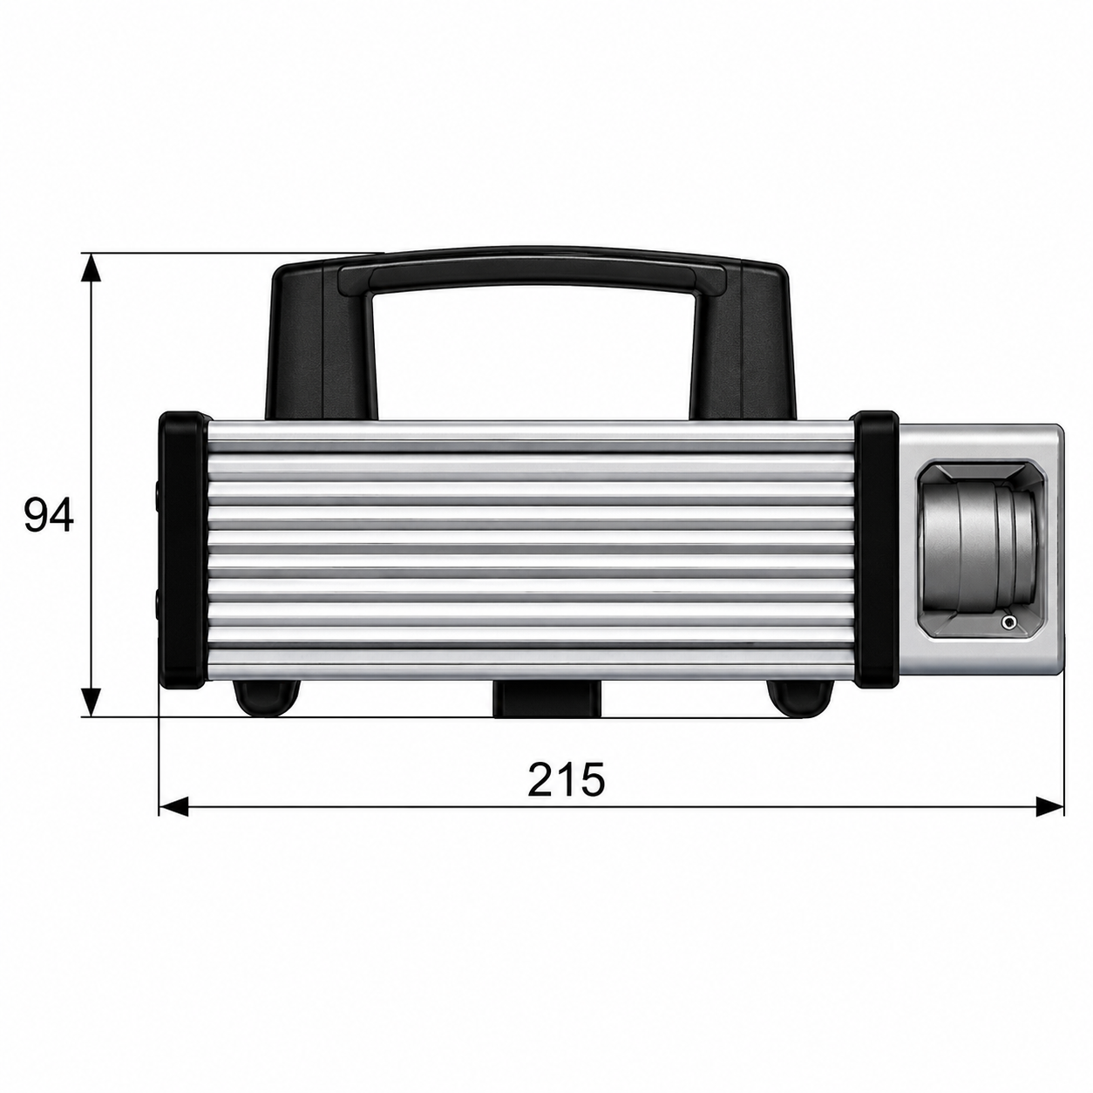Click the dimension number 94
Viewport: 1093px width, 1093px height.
pos(49,515)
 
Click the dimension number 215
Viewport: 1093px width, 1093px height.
pos(566,778)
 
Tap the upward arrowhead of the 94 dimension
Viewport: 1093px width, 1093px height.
pos(92,268)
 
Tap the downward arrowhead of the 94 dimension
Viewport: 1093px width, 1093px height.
pos(92,703)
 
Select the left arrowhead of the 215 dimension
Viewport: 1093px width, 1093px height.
pos(173,806)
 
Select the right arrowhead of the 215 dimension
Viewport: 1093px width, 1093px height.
pos(1049,806)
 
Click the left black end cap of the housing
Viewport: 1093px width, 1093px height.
pos(183,550)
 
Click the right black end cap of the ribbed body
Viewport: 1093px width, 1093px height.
pos(876,549)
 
